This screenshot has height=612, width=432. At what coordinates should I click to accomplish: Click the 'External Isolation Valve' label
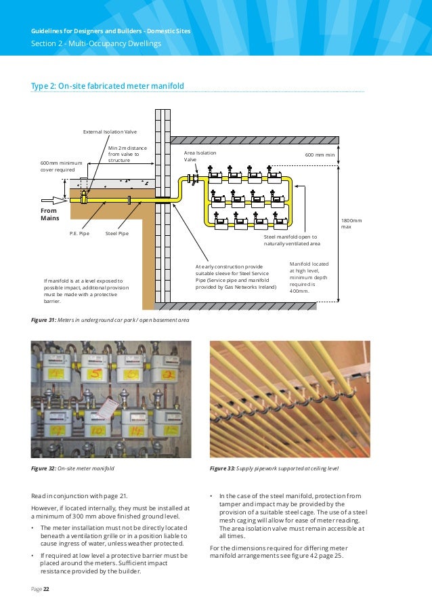(109, 131)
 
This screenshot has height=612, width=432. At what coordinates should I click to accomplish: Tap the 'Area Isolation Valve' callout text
(200, 157)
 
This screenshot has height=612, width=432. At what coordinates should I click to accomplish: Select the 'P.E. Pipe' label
(79, 233)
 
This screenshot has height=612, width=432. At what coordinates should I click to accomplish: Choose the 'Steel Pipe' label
(117, 233)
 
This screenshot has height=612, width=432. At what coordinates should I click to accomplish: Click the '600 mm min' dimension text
(320, 155)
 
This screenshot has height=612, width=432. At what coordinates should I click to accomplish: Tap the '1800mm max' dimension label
(351, 224)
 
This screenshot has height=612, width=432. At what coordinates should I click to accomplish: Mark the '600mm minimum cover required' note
(61, 167)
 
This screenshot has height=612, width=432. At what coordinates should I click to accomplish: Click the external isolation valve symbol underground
(84, 197)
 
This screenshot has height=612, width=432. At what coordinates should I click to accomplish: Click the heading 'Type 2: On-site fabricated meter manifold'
(108, 85)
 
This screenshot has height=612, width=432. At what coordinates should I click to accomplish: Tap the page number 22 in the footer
(47, 589)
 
